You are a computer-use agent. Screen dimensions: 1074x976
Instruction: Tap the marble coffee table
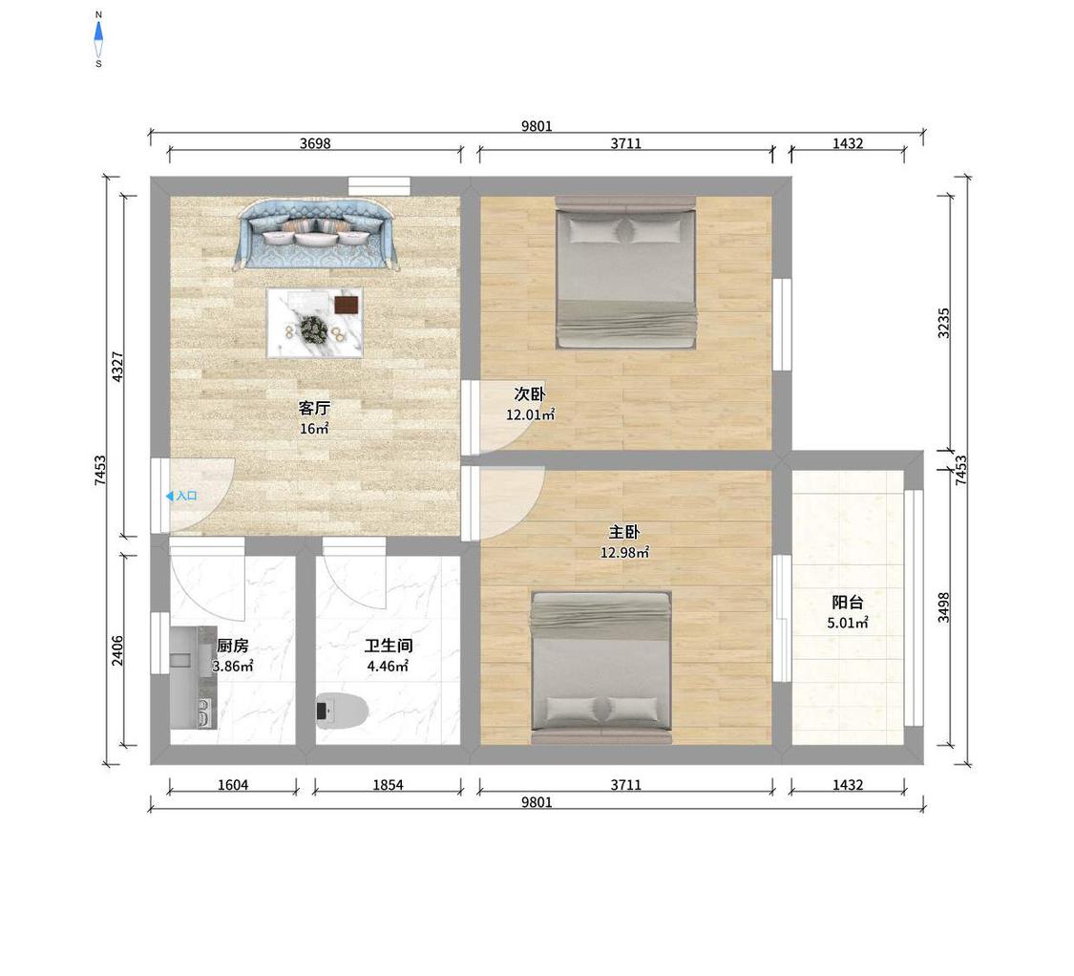pos(314,322)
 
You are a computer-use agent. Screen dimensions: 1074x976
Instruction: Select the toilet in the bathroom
pos(342,711)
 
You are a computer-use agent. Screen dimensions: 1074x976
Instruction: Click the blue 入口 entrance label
pos(181,496)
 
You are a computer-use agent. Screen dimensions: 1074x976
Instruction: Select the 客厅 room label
pos(314,409)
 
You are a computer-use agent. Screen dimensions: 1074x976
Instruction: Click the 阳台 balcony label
pos(848,603)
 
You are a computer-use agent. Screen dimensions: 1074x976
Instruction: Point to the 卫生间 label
pos(389,646)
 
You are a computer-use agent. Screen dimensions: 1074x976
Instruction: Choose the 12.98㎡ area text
pos(624,552)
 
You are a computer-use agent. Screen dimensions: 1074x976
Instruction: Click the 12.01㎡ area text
pos(530,414)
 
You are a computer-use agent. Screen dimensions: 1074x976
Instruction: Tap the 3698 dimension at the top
pos(315,143)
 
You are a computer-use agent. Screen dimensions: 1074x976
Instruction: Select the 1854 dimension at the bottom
pos(388,785)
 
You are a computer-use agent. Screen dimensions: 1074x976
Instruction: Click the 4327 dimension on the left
pos(117,366)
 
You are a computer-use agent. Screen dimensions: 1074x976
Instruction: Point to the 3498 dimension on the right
pos(943,607)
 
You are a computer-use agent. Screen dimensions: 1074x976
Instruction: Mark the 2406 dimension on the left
pos(117,649)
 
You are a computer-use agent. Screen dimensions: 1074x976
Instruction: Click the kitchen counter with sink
pos(193,677)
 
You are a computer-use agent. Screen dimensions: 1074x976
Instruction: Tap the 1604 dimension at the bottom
pos(233,785)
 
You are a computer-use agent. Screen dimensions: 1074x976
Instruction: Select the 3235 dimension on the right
pos(943,322)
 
